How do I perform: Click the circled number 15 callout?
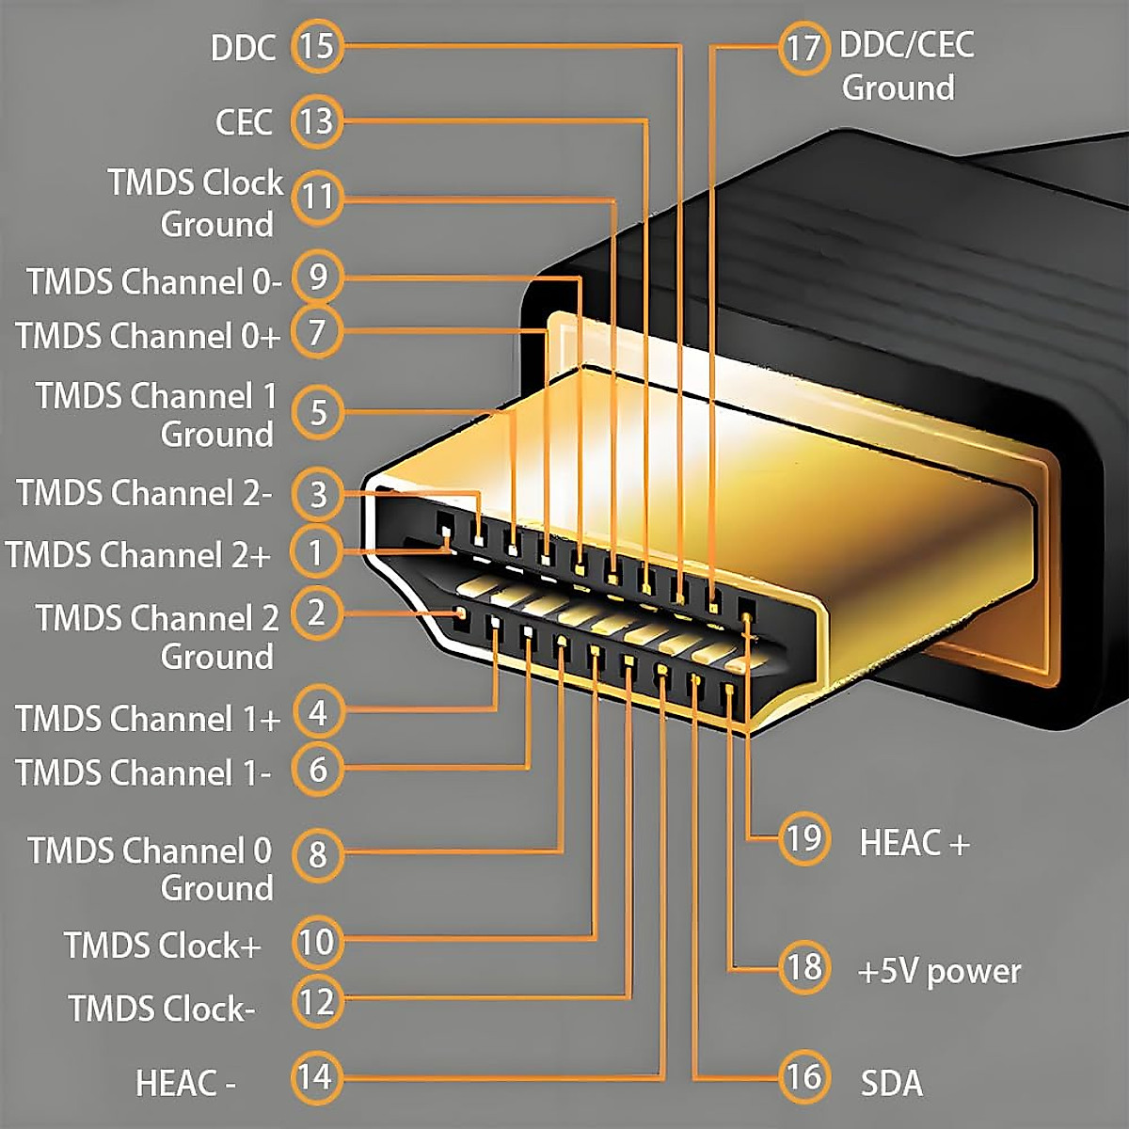(317, 46)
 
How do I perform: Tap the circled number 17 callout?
(804, 48)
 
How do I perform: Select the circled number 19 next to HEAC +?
(804, 838)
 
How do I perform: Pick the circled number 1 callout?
(317, 552)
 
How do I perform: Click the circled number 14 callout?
(317, 1077)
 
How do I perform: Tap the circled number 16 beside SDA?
(804, 1077)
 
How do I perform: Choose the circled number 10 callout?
(317, 942)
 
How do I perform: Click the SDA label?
(891, 1083)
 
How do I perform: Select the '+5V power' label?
(939, 972)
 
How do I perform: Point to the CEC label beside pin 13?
(244, 122)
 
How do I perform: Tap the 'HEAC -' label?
(185, 1082)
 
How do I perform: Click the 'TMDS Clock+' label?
(162, 945)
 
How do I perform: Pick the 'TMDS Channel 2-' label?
(145, 492)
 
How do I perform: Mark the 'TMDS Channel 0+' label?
(148, 336)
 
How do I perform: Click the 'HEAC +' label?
(914, 842)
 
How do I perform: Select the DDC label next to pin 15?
(243, 47)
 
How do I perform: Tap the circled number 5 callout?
(317, 412)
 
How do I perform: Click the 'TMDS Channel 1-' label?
(144, 772)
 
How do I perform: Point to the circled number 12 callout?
(317, 1001)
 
